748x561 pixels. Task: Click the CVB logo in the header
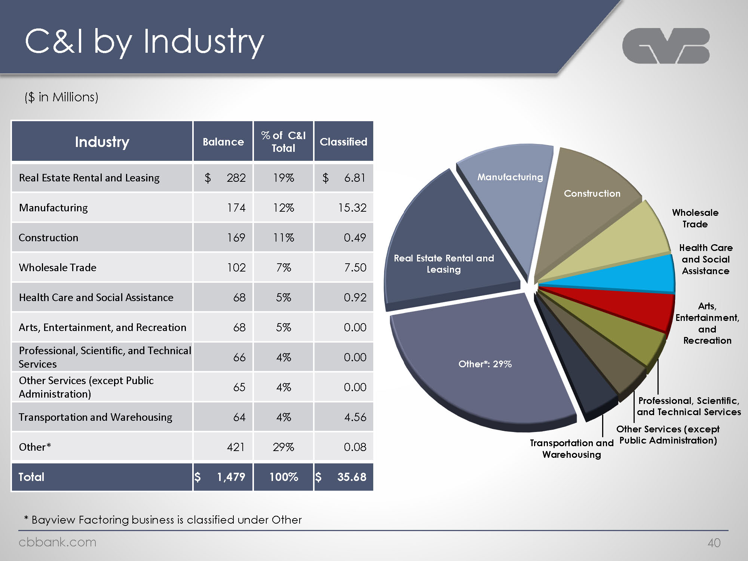pos(666,46)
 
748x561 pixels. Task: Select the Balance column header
pos(223,142)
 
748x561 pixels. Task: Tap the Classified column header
pos(343,142)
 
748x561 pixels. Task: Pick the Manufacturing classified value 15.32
pos(352,208)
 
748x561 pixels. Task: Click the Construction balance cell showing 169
pos(236,237)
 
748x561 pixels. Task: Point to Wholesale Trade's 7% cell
pos(283,267)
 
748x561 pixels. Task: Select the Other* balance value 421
pos(236,447)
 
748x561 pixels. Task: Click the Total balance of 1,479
pos(231,477)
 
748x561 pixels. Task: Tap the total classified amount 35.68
pos(352,477)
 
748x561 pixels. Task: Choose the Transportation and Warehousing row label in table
pos(95,417)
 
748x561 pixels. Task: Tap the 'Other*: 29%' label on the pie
pos(485,364)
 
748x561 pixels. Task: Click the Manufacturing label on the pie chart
pos(510,177)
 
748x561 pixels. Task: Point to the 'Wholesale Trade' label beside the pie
pos(695,218)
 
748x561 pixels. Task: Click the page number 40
pos(714,543)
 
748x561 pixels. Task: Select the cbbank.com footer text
pos(57,542)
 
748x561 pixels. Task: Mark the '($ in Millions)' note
pos(61,97)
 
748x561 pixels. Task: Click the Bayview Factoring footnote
pos(163,520)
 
